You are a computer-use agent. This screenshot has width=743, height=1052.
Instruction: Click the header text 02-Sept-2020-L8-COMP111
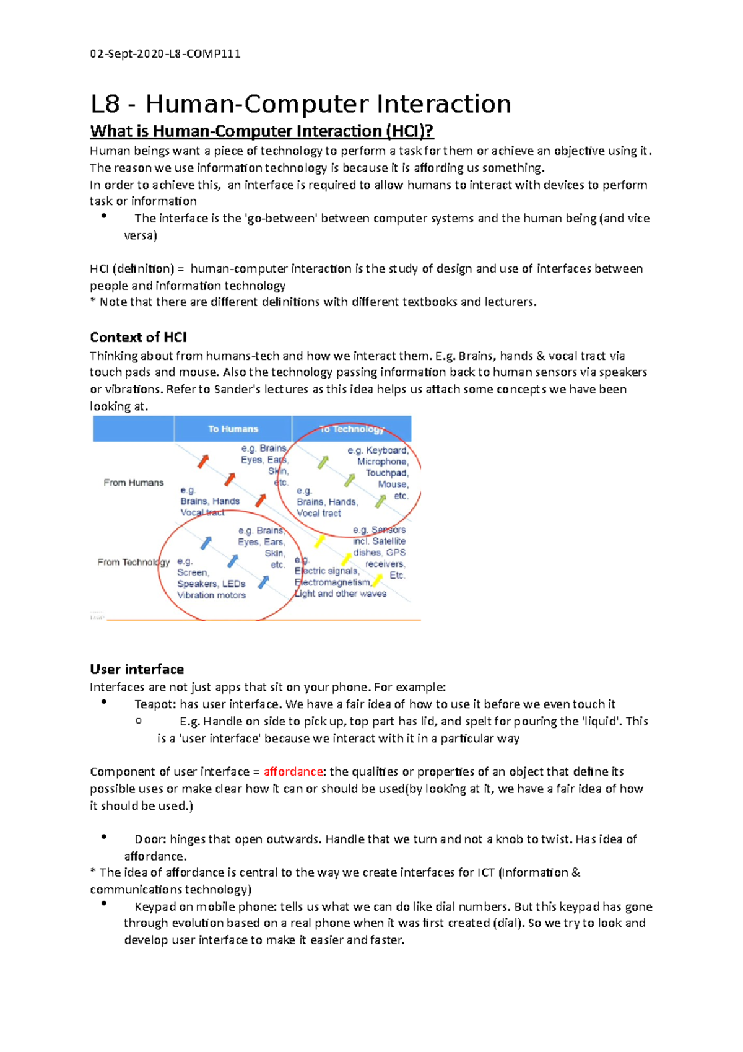pos(165,53)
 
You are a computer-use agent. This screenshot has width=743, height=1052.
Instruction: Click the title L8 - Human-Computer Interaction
pos(300,103)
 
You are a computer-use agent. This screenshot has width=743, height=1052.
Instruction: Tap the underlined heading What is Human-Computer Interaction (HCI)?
pos(261,131)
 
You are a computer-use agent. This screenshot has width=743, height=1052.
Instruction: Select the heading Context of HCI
pos(138,337)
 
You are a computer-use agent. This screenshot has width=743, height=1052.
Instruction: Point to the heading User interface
pos(137,669)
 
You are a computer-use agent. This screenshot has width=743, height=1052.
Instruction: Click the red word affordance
pos(293,771)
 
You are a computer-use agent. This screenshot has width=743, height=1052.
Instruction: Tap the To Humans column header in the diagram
pos(233,429)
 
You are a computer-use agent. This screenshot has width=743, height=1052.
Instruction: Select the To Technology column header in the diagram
pos(352,429)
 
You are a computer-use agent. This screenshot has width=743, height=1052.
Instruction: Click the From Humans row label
pos(134,483)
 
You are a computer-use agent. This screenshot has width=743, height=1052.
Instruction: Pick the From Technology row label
pos(133,562)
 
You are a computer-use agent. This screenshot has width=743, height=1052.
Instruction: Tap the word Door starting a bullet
pos(150,839)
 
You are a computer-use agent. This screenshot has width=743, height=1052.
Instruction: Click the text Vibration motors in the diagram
pos(211,595)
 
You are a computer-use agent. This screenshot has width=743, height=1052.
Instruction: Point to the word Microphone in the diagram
pos(381,462)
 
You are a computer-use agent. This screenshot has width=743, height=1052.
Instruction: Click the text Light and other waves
pos(341,594)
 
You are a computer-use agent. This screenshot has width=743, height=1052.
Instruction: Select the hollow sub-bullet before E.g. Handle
pos(138,721)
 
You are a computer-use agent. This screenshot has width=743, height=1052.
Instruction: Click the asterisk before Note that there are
pos(93,302)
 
